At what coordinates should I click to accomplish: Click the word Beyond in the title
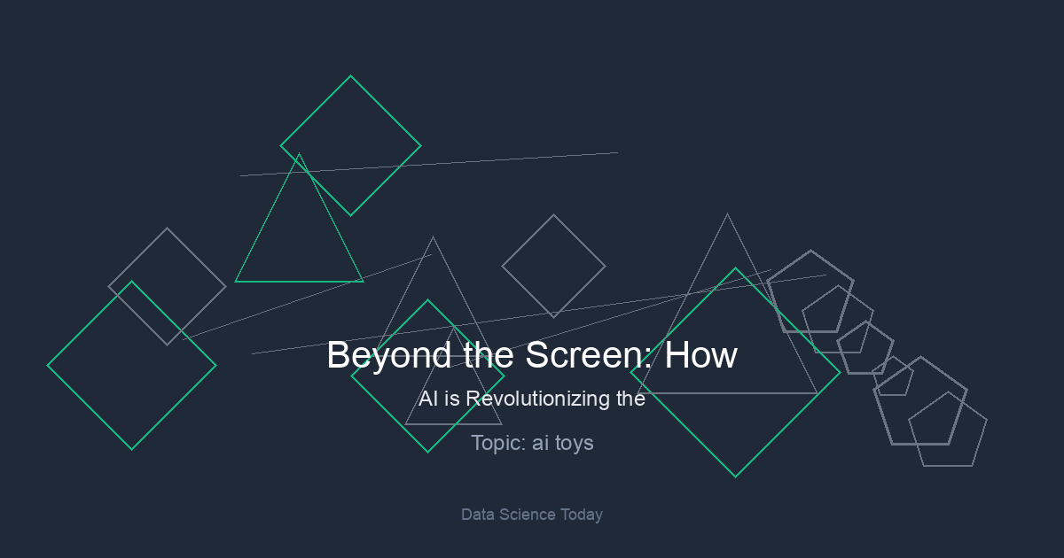(x=388, y=356)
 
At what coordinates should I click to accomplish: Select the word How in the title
(x=701, y=355)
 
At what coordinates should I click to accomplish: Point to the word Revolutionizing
(x=537, y=399)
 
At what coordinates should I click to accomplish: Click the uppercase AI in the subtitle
(x=428, y=399)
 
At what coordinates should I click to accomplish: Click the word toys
(x=575, y=444)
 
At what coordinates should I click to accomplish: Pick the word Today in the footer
(x=582, y=515)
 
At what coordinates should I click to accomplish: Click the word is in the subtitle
(x=452, y=399)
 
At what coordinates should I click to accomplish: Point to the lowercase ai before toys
(x=540, y=444)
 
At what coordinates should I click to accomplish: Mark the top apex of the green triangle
(x=299, y=154)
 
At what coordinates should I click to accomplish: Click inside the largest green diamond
(x=735, y=373)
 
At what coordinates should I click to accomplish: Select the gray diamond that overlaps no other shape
(x=553, y=267)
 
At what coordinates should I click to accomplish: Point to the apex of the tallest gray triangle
(x=727, y=214)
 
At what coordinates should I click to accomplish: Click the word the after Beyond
(x=489, y=355)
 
